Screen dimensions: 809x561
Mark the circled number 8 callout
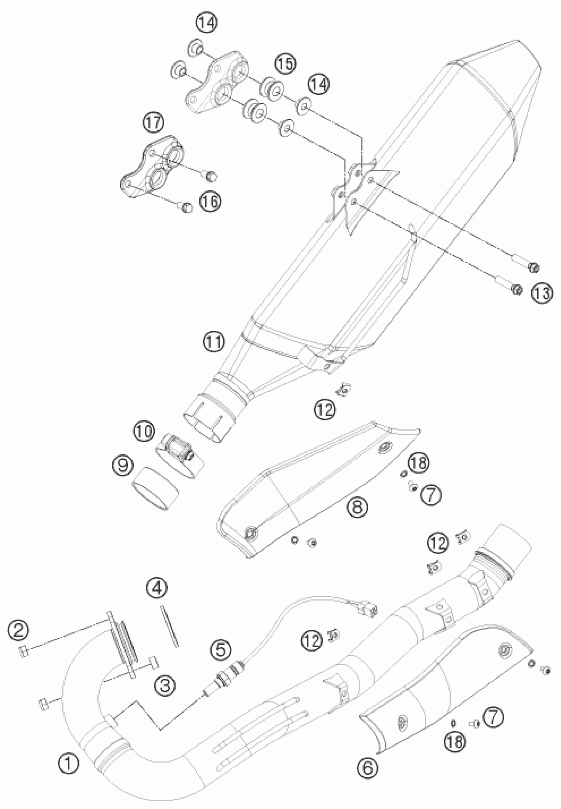pos(357,507)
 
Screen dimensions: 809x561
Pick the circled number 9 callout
pos(123,466)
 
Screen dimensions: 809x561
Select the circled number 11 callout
pos(214,341)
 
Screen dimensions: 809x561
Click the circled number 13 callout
pos(542,293)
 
